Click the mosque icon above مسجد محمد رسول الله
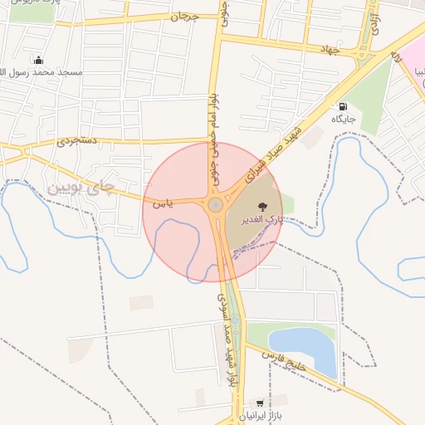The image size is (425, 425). [38, 60]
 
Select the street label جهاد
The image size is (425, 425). [330, 50]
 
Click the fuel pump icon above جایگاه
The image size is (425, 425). [343, 107]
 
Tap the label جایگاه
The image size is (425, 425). [344, 120]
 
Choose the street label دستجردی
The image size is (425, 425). [77, 141]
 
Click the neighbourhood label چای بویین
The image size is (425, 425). [80, 188]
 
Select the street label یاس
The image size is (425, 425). [163, 202]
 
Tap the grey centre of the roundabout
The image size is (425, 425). [215, 204]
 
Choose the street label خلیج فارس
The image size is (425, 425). [286, 360]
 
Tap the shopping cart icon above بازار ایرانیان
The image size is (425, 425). [261, 403]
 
